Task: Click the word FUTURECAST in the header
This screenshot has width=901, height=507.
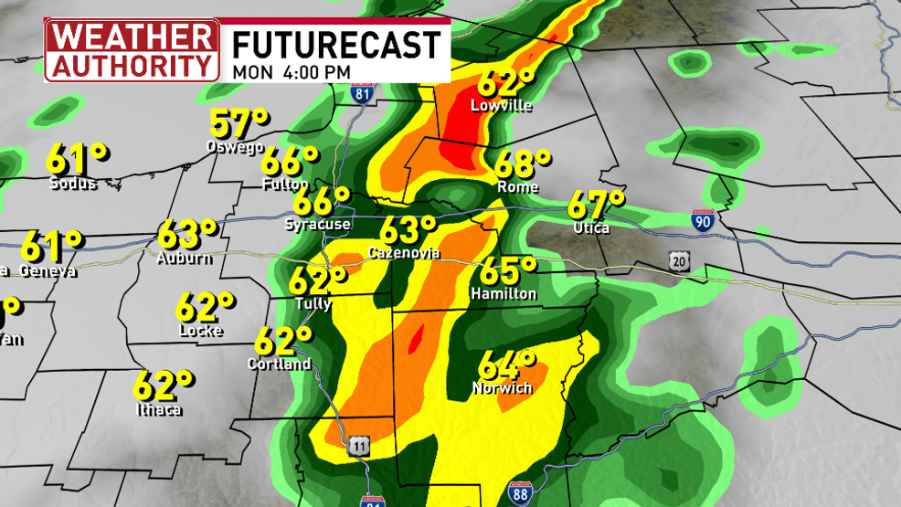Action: click(335, 44)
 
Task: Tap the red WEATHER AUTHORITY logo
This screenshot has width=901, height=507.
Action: click(132, 49)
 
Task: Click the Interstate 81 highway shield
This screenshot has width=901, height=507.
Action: click(364, 92)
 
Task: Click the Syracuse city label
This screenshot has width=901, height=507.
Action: click(317, 224)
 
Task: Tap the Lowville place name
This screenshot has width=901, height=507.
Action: click(501, 106)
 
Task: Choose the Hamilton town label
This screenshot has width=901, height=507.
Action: click(503, 293)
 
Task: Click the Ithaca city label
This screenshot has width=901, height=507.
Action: click(157, 408)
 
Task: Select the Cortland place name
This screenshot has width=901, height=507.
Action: click(279, 364)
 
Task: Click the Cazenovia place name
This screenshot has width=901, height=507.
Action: click(404, 252)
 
